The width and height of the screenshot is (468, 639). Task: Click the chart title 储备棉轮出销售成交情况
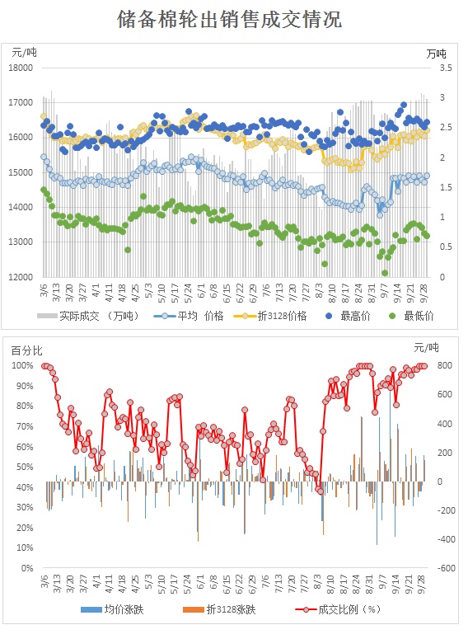pos(230,19)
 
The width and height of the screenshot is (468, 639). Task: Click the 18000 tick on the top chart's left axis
pos(21,68)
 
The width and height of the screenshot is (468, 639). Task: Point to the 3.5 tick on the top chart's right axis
pos(446,68)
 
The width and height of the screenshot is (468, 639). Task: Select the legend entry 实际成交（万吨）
pos(88,316)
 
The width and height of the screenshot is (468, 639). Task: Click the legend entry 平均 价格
pos(189,316)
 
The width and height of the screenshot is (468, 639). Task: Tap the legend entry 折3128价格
pos(270,316)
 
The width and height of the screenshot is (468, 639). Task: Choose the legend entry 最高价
pos(349,316)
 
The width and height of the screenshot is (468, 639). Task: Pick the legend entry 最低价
pos(411,316)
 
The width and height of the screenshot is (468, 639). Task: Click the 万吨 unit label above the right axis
pos(436,54)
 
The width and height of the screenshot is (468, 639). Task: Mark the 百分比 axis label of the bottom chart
pos(27,350)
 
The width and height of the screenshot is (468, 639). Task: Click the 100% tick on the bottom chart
pos(22,365)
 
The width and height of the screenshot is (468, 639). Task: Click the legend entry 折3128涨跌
pos(219,609)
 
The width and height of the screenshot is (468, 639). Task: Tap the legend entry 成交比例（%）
pos(338,609)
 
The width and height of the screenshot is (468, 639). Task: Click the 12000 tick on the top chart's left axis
pos(21,277)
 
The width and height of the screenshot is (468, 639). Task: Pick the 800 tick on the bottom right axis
pos(444,365)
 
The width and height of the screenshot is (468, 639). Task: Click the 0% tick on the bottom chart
pos(27,568)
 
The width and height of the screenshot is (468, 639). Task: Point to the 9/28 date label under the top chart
pos(424,294)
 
